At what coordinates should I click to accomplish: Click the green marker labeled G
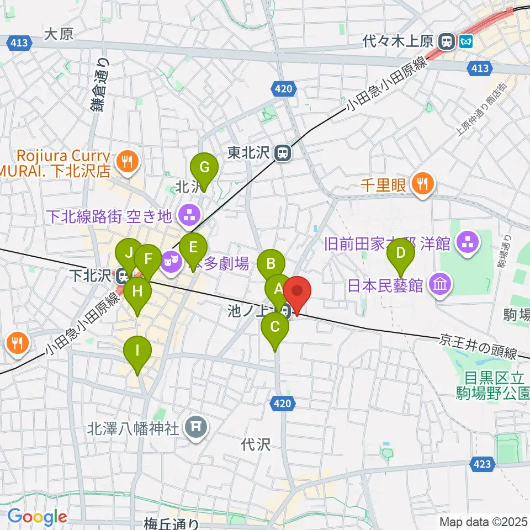pos(204,167)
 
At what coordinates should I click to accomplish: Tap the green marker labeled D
pos(401,255)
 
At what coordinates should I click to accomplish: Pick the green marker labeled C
pos(274,327)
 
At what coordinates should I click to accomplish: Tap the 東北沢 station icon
pos(283,153)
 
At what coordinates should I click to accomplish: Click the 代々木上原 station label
pos(399,40)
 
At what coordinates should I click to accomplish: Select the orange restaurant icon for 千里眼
pos(423,184)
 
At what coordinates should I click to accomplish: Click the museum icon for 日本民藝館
pos(442,285)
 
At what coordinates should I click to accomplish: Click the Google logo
pos(37,517)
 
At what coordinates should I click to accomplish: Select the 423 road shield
pos(482,465)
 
